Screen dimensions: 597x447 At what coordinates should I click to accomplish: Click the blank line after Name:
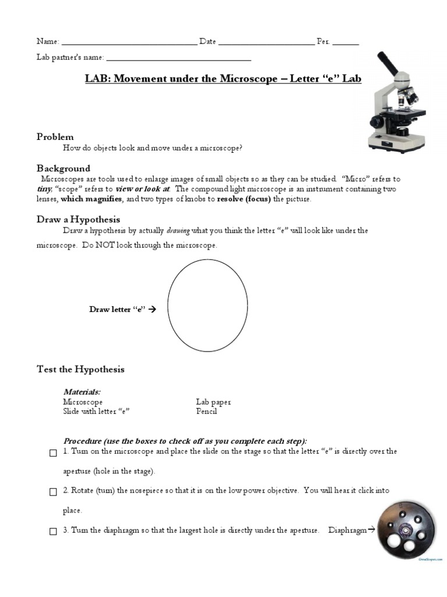coord(129,43)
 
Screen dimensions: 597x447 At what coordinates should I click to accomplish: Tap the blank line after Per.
coord(346,43)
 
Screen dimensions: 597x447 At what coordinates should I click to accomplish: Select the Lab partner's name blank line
coord(179,59)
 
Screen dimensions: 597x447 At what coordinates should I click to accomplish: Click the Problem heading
coord(55,136)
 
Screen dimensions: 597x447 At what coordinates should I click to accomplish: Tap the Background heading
coord(63,168)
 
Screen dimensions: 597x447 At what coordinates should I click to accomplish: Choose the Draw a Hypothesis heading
coord(78,220)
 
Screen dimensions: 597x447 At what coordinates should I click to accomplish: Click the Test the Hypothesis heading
coord(80,370)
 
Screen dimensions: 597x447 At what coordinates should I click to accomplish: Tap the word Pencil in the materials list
coord(207,411)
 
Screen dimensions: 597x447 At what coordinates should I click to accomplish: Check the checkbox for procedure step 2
coord(53,492)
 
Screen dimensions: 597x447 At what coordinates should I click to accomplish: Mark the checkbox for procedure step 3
coord(53,531)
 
